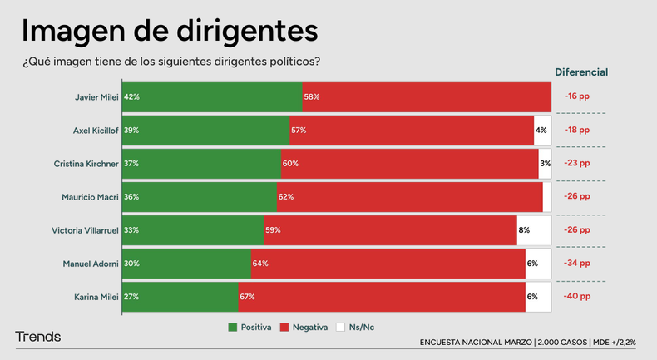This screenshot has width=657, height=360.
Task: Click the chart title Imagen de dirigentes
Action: point(169,31)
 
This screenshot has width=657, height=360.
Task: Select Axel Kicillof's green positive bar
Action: point(205,131)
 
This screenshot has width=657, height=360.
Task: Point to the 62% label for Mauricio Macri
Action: point(286,197)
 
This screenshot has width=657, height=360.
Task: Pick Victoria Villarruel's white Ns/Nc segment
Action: point(534,230)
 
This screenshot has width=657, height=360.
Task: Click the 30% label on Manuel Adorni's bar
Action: point(131,264)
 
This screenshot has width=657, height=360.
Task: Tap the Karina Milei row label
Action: point(94,297)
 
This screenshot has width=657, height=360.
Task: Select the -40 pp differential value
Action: point(576,297)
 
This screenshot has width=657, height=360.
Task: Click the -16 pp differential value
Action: point(576,96)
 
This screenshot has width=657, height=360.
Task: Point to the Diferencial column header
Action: point(581,72)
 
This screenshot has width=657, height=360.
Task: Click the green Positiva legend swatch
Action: point(233,327)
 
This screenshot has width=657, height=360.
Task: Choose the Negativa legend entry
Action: point(309,327)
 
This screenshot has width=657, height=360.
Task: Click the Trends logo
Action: point(38,337)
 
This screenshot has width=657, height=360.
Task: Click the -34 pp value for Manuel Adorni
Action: point(576,264)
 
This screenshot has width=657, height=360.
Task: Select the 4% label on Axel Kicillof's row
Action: point(541,131)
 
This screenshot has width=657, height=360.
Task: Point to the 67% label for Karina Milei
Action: point(246,297)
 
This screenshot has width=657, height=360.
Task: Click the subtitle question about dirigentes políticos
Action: point(166,62)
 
